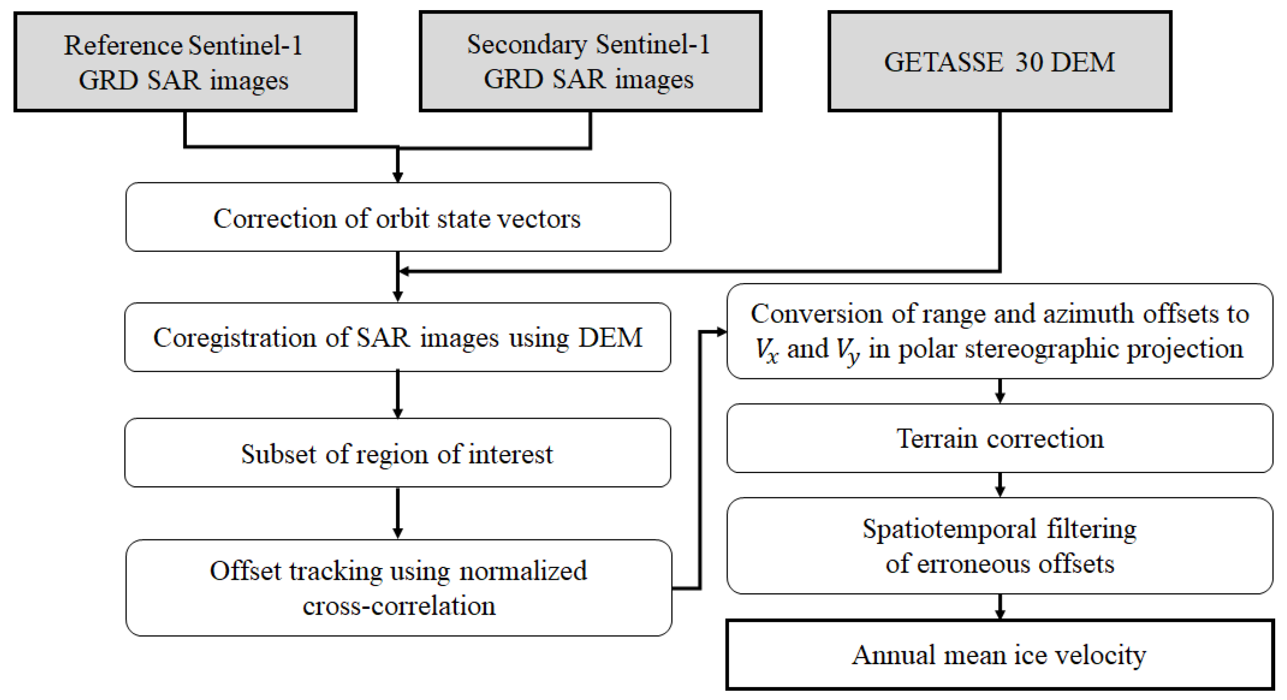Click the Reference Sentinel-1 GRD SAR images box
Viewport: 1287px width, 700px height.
click(x=185, y=62)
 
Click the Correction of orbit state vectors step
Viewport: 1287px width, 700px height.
click(x=398, y=217)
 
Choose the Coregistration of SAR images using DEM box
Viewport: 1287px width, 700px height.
click(x=398, y=337)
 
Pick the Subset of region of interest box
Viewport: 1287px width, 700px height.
click(x=398, y=453)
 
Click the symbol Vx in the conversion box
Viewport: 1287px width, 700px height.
click(x=766, y=349)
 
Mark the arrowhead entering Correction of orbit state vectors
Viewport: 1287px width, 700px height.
click(x=398, y=176)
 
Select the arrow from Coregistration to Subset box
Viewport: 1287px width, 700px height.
click(x=398, y=395)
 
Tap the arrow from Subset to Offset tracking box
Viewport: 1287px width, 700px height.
click(x=398, y=513)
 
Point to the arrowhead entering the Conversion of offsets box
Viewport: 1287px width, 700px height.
click(x=720, y=331)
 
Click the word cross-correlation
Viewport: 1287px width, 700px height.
click(x=399, y=606)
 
